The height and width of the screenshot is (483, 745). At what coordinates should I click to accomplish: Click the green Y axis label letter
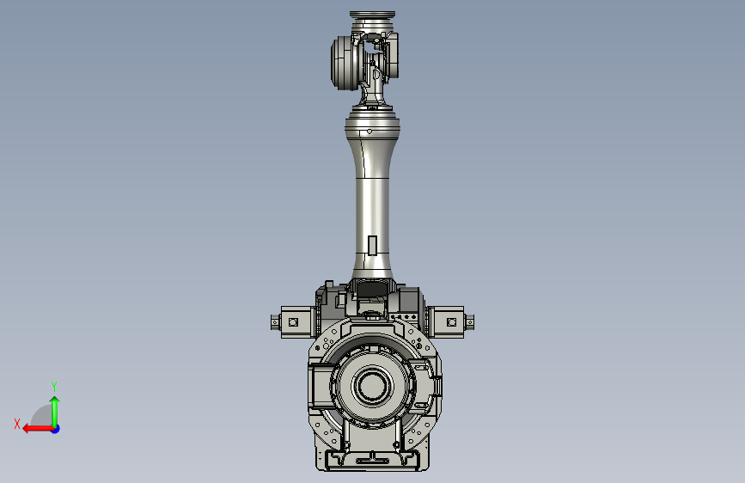coord(54,386)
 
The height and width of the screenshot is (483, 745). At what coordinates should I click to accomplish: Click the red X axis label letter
coord(17,424)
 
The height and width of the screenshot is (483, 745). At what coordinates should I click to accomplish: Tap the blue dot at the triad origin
coord(56,429)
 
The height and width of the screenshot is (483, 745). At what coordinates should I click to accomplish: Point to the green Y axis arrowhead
coord(55,400)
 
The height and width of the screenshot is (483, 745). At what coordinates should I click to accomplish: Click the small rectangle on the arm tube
coord(373,245)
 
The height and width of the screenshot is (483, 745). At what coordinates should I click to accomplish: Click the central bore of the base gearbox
coord(372,386)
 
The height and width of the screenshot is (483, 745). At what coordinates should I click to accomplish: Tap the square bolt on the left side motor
coord(293,322)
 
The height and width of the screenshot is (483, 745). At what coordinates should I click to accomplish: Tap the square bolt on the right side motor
coord(452,322)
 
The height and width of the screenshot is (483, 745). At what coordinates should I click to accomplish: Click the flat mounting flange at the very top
coord(373,15)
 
